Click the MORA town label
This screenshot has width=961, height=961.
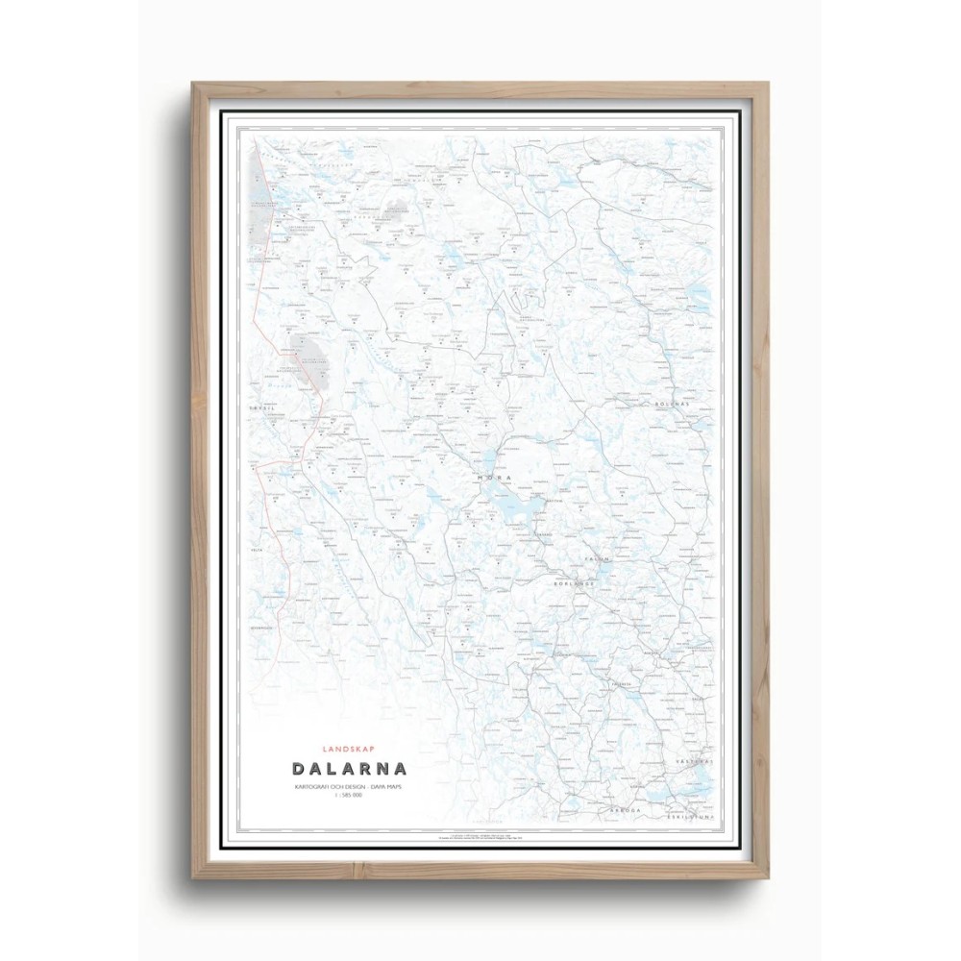pyautogui.click(x=491, y=477)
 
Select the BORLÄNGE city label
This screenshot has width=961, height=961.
pyautogui.click(x=575, y=583)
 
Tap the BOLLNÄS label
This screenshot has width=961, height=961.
pyautogui.click(x=674, y=405)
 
